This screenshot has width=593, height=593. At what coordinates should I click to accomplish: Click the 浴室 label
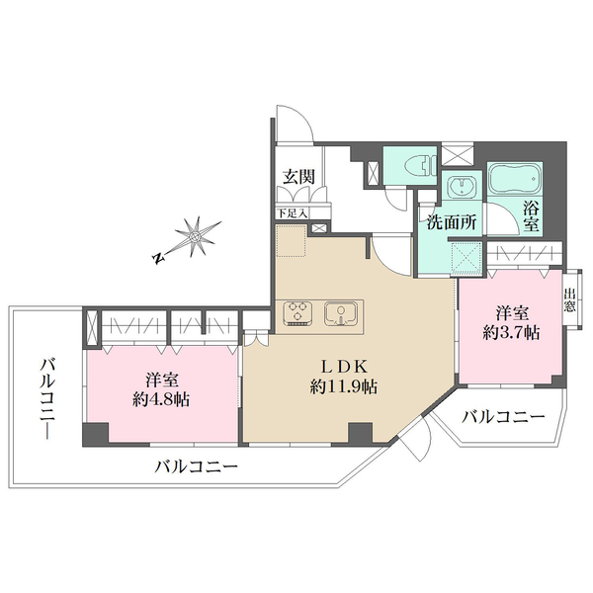click(531, 216)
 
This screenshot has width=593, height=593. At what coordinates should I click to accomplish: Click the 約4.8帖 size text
click(162, 399)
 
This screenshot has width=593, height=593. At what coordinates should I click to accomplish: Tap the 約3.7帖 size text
click(510, 333)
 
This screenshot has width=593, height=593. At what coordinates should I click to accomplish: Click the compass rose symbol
click(197, 236)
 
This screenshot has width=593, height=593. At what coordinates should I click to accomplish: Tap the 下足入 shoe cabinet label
click(292, 212)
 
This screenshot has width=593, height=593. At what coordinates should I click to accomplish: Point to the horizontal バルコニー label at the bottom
click(196, 466)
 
